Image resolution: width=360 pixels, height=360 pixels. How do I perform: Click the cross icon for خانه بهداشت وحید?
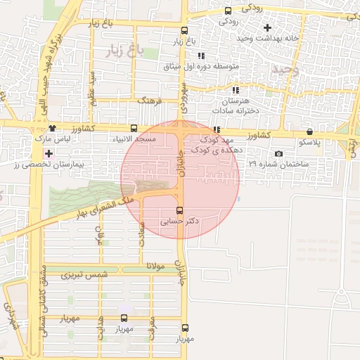[266, 27]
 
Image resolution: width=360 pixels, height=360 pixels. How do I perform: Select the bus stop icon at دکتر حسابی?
[179, 210]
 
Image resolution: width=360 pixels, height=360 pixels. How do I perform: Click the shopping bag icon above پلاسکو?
[309, 131]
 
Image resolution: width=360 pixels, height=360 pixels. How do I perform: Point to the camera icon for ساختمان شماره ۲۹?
[279, 154]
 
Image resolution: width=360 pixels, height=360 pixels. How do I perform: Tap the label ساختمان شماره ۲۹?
[278, 164]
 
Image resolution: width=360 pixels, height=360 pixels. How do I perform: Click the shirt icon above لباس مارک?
[53, 128]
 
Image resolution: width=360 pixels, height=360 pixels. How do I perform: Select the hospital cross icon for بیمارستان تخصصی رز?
[48, 153]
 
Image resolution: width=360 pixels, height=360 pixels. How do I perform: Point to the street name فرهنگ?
[150, 101]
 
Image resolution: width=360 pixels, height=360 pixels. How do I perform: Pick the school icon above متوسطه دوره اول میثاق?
[201, 56]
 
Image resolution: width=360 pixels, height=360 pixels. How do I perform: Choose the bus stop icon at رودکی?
[227, 10]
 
